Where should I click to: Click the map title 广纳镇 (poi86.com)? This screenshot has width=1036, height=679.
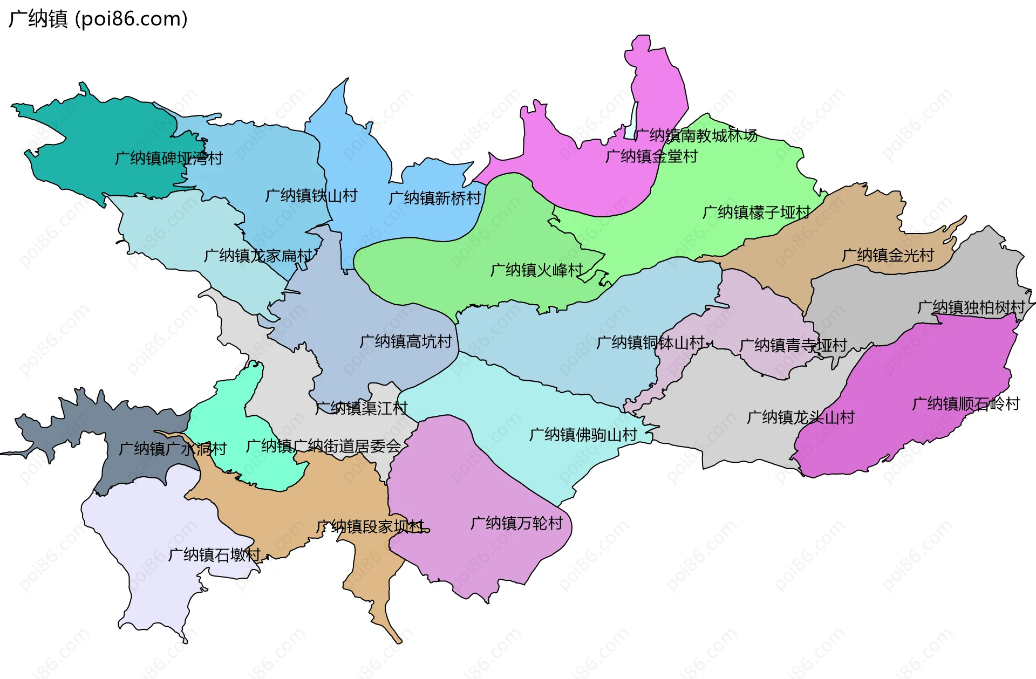click(x=98, y=19)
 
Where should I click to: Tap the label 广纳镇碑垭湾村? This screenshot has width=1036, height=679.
click(x=169, y=159)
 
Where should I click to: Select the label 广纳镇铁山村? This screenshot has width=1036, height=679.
click(x=311, y=196)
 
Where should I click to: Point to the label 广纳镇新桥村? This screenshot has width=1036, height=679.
click(x=435, y=198)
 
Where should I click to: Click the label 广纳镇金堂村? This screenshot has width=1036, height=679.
click(x=651, y=156)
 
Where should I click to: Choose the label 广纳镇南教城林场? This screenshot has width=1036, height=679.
click(x=696, y=135)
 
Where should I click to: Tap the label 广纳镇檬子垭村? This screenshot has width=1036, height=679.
click(x=756, y=212)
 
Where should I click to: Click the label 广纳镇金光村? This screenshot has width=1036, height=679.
click(x=888, y=256)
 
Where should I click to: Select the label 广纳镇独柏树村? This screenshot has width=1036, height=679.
click(x=971, y=307)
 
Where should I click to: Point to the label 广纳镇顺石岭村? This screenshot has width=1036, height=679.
click(x=965, y=404)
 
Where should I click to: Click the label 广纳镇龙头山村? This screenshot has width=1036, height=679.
click(x=801, y=417)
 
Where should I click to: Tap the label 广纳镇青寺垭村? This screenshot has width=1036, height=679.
click(x=793, y=345)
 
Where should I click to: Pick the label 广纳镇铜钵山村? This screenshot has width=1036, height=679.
click(x=650, y=342)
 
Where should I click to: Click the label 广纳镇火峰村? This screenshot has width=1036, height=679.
click(x=536, y=270)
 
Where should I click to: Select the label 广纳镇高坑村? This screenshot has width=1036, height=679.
click(x=406, y=341)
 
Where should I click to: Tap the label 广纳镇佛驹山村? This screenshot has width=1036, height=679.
click(x=583, y=435)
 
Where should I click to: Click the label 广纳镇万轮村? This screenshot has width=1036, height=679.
click(x=516, y=523)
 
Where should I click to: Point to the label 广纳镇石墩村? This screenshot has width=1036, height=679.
click(x=214, y=555)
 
